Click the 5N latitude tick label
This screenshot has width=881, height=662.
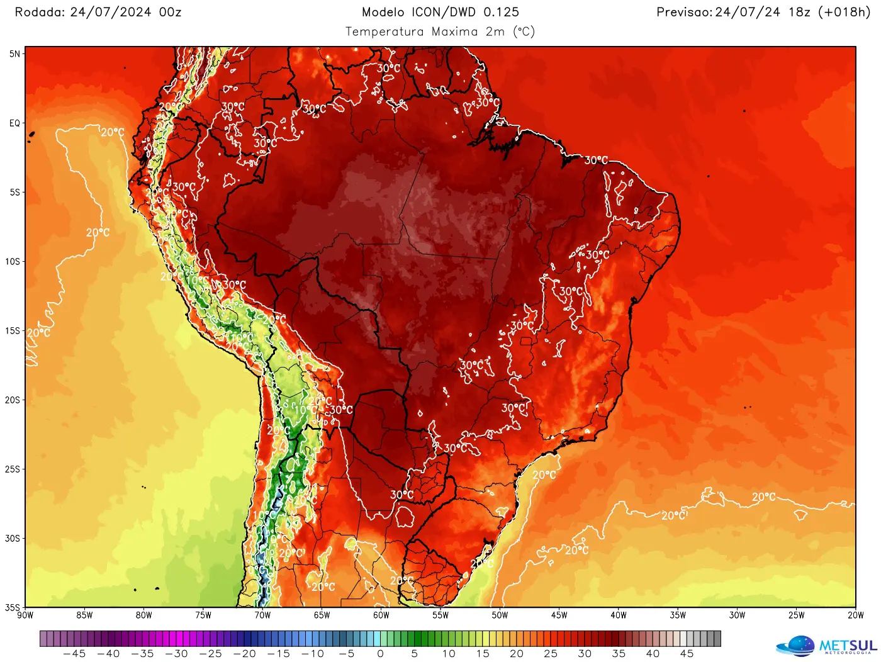(x=14, y=54)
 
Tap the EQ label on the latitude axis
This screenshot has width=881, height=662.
(x=14, y=123)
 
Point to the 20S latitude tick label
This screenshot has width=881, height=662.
(x=13, y=400)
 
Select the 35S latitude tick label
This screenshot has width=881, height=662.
(x=13, y=607)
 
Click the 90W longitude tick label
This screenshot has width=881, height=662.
(x=25, y=615)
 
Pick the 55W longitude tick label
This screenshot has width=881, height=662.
(x=441, y=615)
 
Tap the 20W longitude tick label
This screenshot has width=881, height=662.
(x=855, y=615)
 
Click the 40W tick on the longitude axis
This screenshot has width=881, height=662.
(x=619, y=615)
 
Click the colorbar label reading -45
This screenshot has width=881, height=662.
(x=74, y=654)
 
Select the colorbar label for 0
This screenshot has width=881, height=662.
(x=380, y=654)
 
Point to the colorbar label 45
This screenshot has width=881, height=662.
(x=687, y=654)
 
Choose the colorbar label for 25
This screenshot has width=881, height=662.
(x=551, y=654)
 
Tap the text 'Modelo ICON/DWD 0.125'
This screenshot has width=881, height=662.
(x=441, y=12)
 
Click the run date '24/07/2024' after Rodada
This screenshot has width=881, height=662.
(x=111, y=12)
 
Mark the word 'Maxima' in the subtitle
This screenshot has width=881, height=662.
(x=455, y=31)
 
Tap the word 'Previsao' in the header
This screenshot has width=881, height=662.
(x=683, y=12)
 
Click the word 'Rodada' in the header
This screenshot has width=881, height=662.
(x=38, y=12)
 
